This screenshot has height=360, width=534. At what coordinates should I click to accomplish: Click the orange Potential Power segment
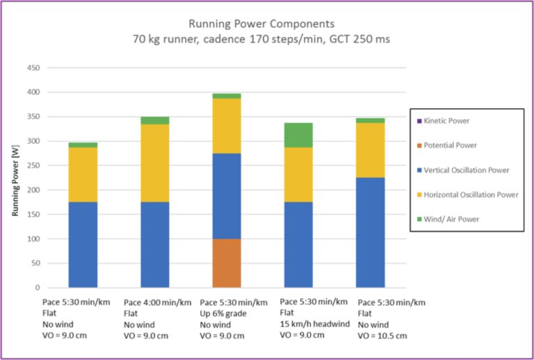click(226, 263)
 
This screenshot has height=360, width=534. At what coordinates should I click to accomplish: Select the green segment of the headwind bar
click(298, 135)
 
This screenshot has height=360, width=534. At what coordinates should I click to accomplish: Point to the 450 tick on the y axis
click(33, 68)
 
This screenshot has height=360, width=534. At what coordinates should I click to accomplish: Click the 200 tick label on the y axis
click(33, 190)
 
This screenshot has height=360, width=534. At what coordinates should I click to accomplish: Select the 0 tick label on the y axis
click(38, 288)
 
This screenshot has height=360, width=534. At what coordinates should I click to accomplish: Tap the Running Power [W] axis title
click(15, 178)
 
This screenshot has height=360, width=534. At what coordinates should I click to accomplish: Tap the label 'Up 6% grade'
click(223, 313)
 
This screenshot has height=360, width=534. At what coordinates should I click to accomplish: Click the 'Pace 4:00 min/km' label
click(156, 302)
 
